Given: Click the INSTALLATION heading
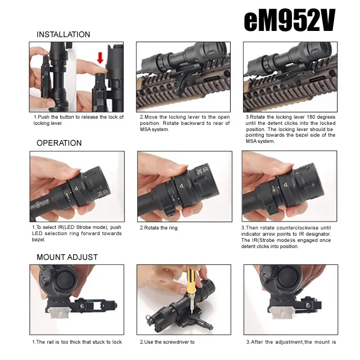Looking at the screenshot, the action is (x=64, y=34).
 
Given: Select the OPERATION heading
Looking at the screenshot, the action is (x=59, y=143).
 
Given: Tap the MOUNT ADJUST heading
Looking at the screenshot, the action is (x=67, y=257).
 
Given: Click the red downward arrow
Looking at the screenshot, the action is (x=100, y=58).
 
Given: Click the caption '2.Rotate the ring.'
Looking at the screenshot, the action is (x=159, y=228).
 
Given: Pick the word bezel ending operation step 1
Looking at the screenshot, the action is (x=39, y=240).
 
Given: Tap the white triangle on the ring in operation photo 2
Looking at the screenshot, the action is (x=181, y=186).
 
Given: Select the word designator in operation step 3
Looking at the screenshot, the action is (x=318, y=234).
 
